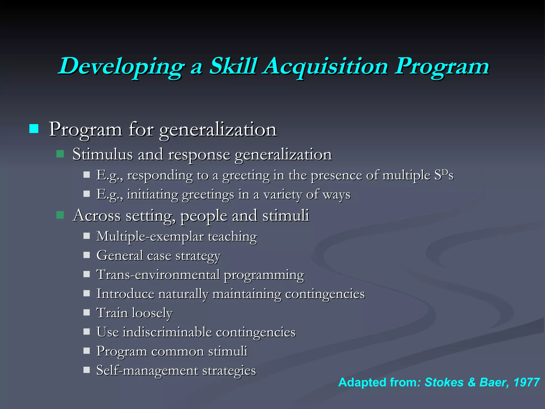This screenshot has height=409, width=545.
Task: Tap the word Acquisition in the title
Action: point(326,67)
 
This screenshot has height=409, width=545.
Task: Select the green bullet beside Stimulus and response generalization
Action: point(60,154)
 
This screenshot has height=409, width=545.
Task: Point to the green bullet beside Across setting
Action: point(60,215)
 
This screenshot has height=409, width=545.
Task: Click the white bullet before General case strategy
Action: point(86,255)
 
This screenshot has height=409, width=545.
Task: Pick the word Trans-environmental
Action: point(158,275)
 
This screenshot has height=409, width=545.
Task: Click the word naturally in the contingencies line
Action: point(183,294)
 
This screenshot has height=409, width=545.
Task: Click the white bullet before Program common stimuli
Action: point(86,351)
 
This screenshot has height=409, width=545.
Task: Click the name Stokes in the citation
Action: point(444,382)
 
